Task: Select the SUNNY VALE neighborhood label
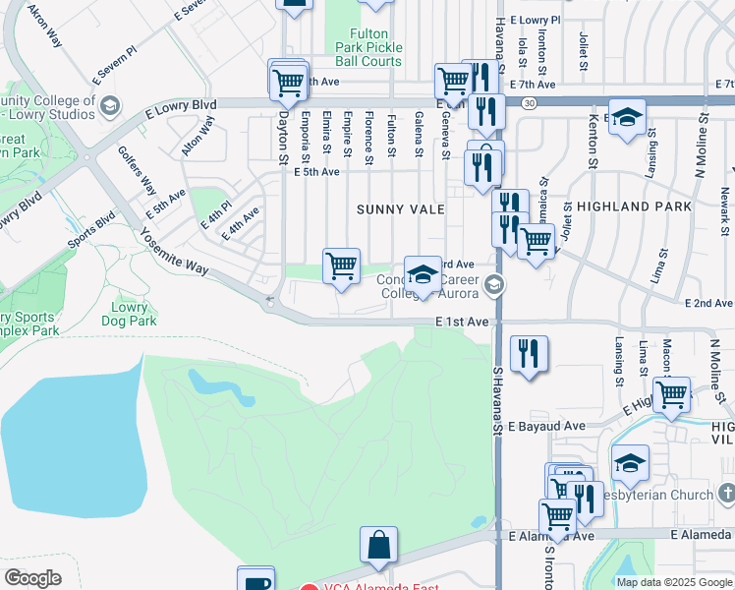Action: point(401,209)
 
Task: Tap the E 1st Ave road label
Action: point(462,323)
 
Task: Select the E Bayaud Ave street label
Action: point(548,426)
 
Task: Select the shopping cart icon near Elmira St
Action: point(341,265)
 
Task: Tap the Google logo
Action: point(33,578)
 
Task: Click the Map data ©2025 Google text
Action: point(674,582)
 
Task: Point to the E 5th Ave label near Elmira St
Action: point(316,172)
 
